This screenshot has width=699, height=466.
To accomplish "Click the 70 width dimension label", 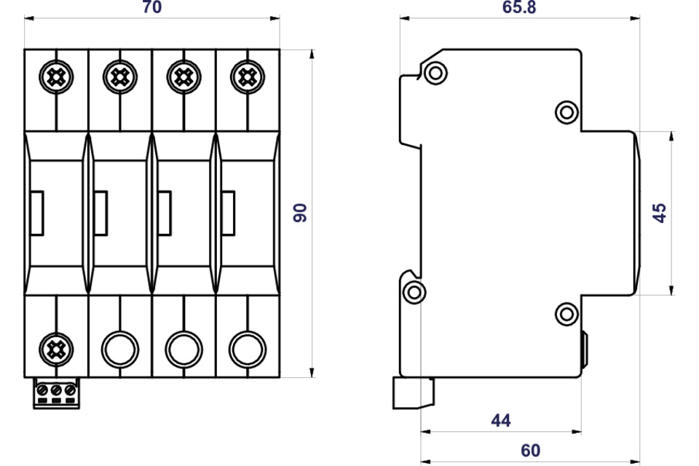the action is coord(152,7).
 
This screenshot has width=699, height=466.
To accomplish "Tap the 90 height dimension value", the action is coord(300,213).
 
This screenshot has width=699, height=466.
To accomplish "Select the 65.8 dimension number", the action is coord(519,7).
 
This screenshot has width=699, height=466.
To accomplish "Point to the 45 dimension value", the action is coord(660,213).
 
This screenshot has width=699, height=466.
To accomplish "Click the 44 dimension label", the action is coord(501,421).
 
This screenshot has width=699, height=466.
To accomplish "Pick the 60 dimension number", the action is coord(531,451).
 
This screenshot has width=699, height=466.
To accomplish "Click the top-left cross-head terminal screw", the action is coord(56,77).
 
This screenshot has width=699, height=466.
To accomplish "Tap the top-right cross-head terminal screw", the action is coord(248,77).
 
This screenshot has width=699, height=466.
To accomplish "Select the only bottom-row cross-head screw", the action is coord(56,349).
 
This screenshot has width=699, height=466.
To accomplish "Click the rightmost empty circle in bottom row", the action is coord(248,349).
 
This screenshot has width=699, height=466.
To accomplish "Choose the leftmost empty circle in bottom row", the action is coord(120,349).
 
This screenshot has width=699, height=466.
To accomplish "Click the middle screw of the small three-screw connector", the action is coord(56,390).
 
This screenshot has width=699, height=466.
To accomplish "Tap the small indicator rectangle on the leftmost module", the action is coord(36,213).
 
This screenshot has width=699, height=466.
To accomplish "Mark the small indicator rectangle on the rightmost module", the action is coord(228,213).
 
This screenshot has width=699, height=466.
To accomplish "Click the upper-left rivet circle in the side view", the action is coord(435,72).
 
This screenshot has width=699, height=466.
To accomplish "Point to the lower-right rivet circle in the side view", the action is coord(566,314).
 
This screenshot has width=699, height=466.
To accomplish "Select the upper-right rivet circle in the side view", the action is coord(566,112).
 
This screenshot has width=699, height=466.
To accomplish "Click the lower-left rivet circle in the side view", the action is coord(414,293).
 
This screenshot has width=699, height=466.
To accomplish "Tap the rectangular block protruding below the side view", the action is coord(414,393).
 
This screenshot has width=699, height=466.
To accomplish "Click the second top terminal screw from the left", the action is coord(120,77).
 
